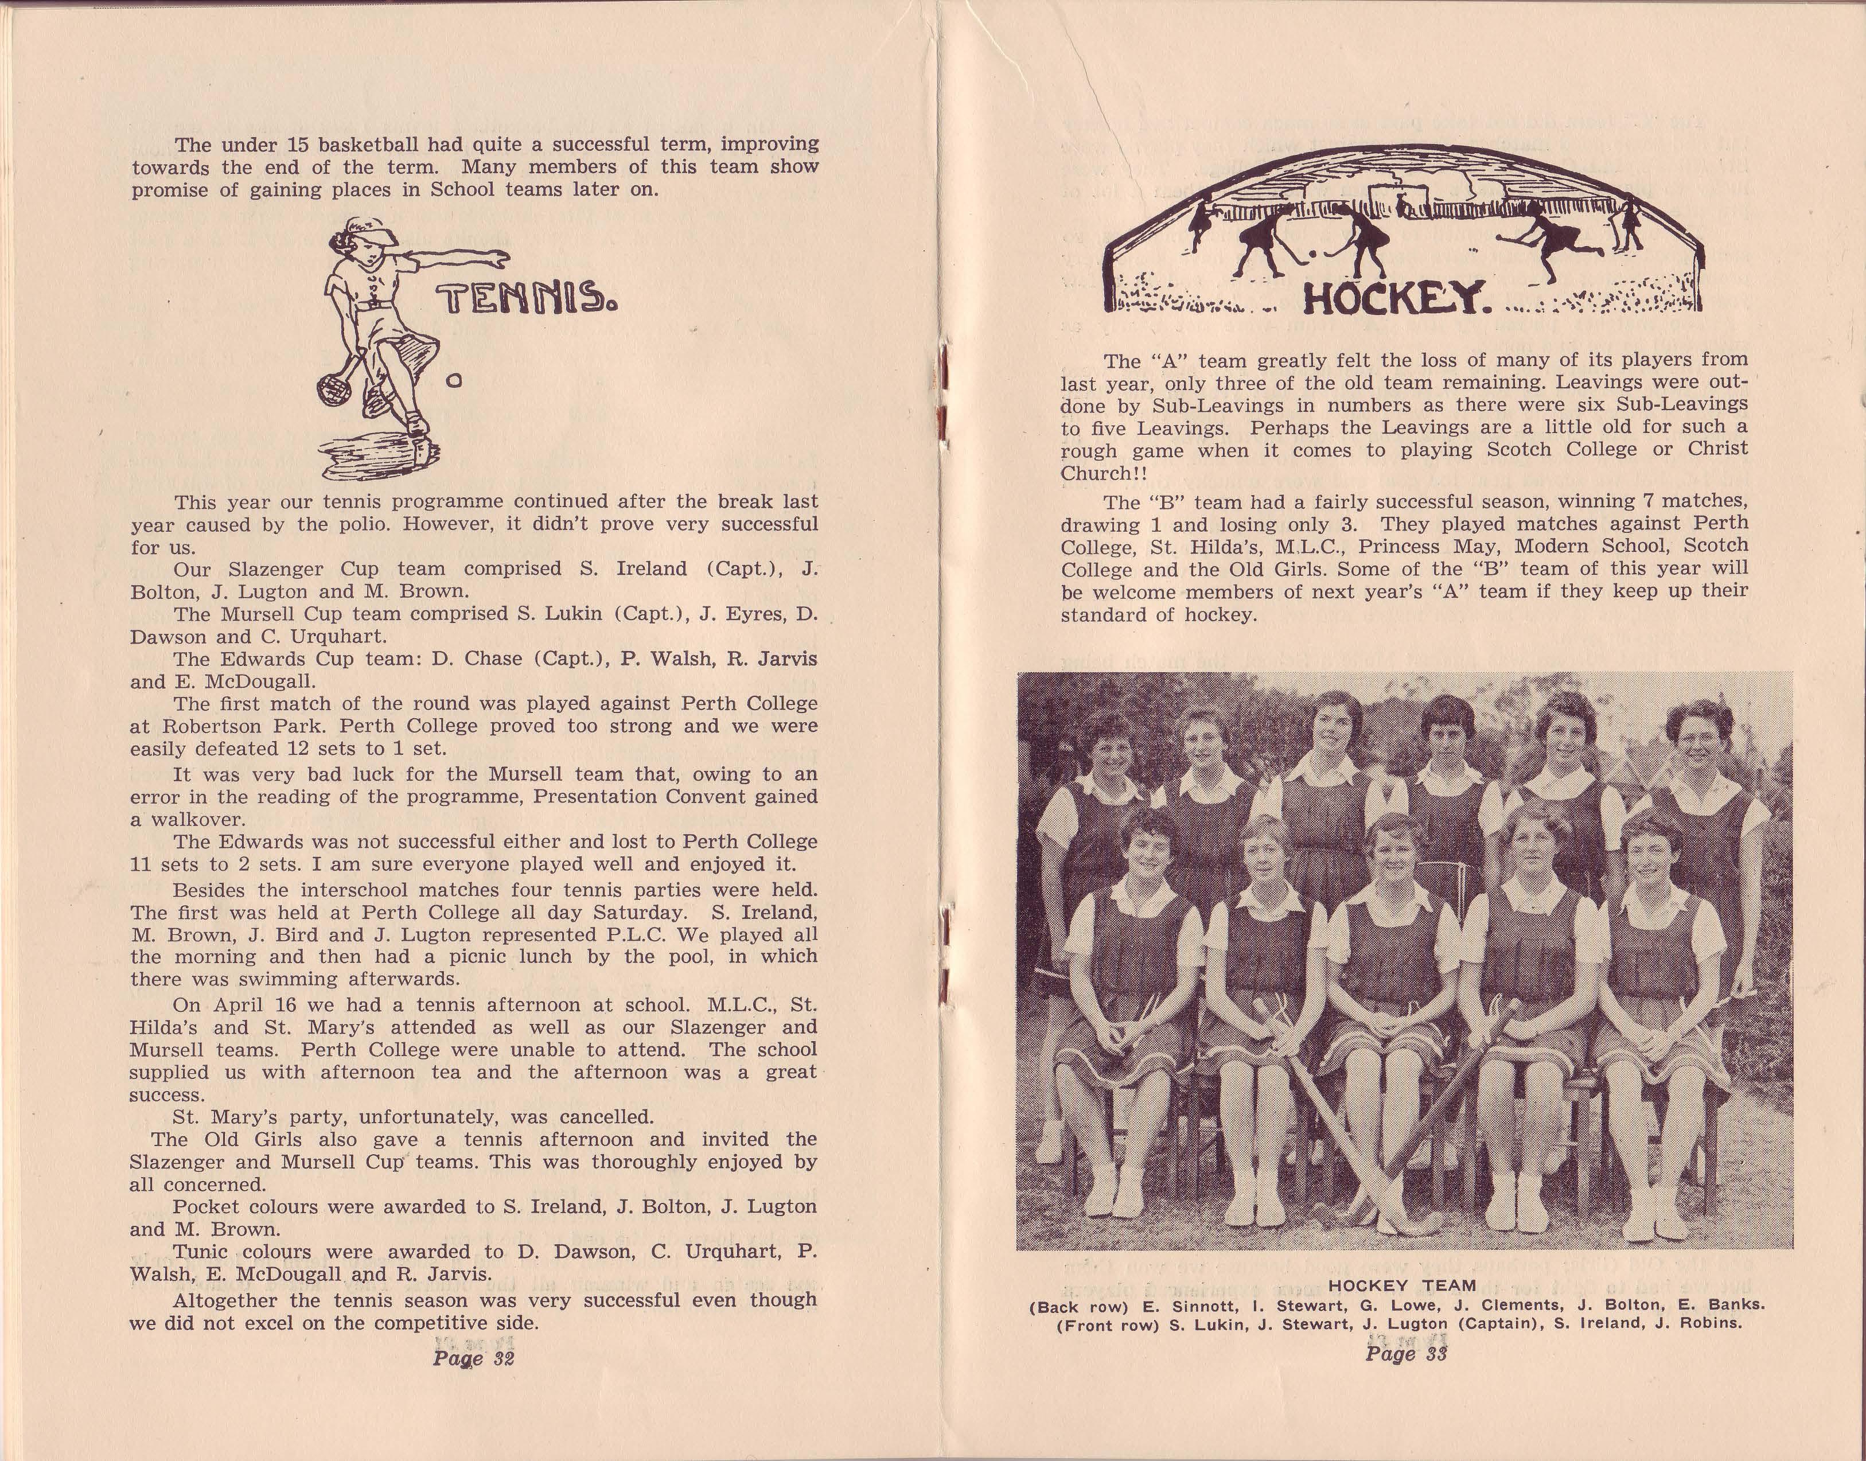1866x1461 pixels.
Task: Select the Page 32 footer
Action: pos(473,1358)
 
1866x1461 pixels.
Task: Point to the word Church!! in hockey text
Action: pos(1103,473)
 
